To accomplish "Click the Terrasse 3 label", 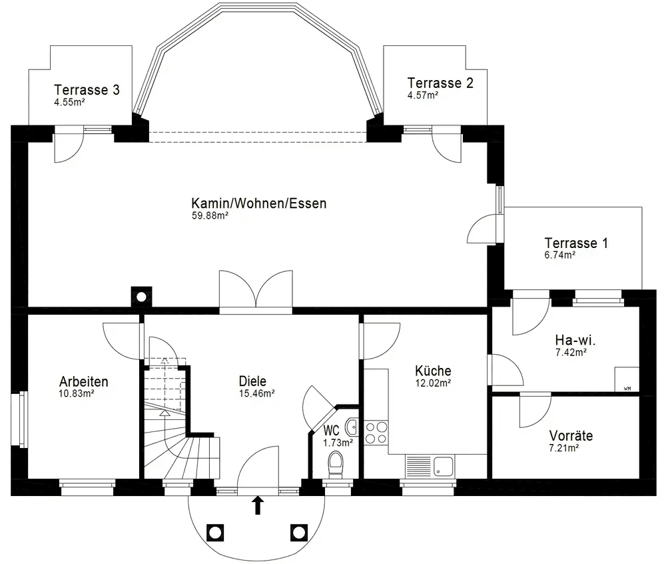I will click(87, 90).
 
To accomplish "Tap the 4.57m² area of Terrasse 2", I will click(422, 95).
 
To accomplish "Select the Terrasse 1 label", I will click(576, 243).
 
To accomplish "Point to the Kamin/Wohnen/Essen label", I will click(259, 203).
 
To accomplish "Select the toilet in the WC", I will click(336, 461).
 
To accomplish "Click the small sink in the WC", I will click(352, 426).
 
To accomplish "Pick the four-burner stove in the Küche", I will click(376, 432).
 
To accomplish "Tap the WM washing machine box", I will click(627, 379).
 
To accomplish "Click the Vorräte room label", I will click(571, 436).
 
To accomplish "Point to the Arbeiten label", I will click(83, 382).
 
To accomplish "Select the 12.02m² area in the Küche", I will click(433, 383).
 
